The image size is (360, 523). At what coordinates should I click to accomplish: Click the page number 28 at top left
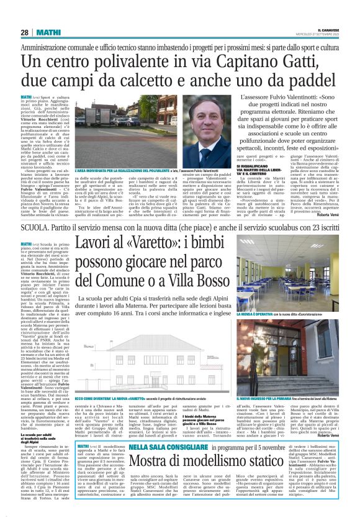(x=25, y=32)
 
